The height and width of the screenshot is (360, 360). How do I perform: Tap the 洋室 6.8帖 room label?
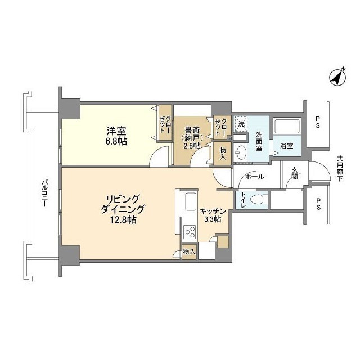pos(116,136)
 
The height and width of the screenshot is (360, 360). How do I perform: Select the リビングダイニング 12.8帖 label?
pos(123,209)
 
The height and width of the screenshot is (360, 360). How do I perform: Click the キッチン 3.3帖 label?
pos(213,215)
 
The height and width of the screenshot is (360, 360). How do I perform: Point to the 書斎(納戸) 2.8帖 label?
pos(192,138)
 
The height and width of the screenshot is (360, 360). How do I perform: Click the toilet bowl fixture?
pos(259,200)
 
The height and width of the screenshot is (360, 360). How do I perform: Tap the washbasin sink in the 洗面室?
pos(240,152)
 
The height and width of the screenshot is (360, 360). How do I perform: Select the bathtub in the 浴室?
pos(287,127)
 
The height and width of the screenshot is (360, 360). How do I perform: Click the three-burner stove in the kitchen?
pos(190,232)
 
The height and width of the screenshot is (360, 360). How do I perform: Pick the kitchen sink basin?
pos(190,201)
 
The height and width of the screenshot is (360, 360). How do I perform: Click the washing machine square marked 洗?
pos(241,124)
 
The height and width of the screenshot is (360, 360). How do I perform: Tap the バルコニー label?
pos(44,193)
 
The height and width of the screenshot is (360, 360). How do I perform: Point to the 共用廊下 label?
pos(340,169)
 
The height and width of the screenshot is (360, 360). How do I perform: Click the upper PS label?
pos(318,122)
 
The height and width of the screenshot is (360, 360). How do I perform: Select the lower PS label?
pos(318,204)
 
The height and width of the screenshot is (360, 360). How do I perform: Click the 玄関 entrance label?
pos(295,173)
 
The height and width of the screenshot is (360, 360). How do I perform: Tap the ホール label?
pos(255,177)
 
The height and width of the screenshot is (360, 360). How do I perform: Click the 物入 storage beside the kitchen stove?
pos(189,251)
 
